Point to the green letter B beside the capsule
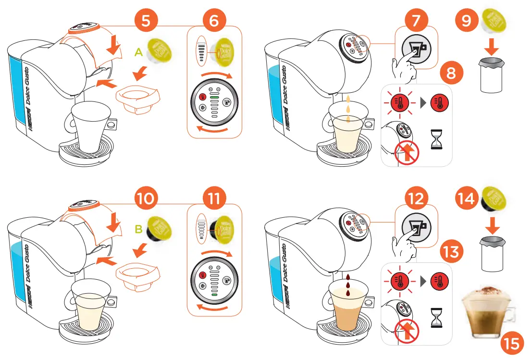pos(138,230)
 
